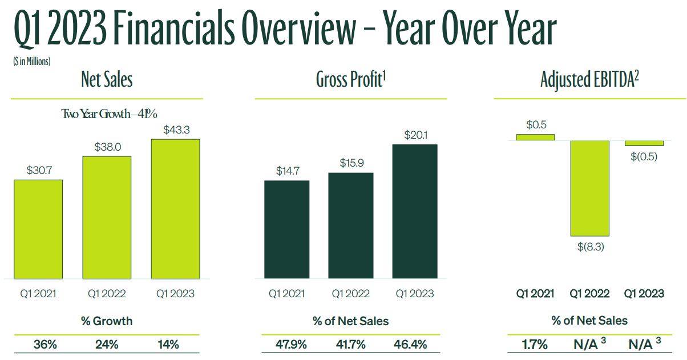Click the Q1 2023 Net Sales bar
point(175,209)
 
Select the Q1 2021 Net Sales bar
point(38,229)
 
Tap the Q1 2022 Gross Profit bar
point(351,225)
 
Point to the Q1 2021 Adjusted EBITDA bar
point(535,137)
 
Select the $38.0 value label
point(107,147)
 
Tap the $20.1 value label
point(415,135)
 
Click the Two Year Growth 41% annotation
point(109,114)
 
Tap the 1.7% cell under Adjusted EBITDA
point(535,345)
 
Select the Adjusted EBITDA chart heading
point(589,80)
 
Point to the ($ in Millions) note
point(32,61)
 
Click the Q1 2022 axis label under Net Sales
point(107,294)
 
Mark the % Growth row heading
point(107,321)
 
